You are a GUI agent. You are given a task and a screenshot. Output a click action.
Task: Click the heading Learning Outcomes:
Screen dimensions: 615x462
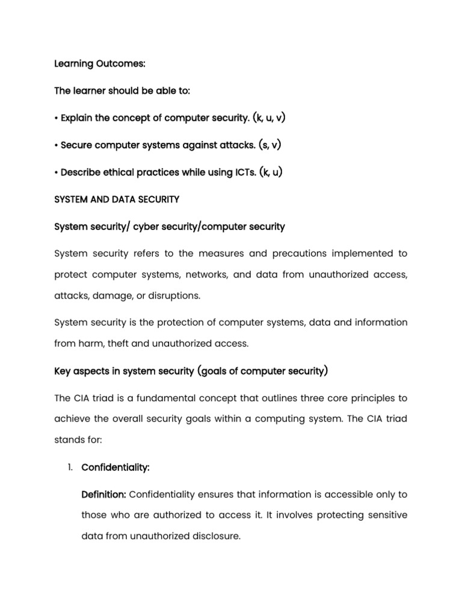[x=94, y=64]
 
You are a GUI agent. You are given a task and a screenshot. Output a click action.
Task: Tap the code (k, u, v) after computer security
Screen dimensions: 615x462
[x=268, y=118]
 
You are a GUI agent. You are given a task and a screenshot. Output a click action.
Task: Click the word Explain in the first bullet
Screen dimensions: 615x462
[x=76, y=118]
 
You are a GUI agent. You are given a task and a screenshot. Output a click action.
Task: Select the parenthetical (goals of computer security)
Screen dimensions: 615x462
[x=262, y=371]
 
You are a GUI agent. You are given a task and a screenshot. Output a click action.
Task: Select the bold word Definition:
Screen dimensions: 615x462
[x=103, y=494]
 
